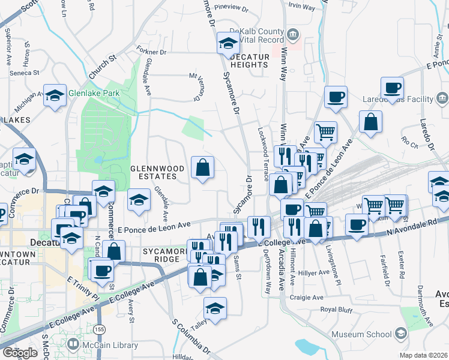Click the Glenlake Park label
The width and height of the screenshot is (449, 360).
[94, 93]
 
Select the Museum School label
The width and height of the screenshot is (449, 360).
[363, 334]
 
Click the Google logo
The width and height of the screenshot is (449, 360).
[20, 353]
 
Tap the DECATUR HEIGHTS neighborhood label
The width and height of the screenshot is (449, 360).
[249, 61]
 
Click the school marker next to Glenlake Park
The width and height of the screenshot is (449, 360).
[55, 95]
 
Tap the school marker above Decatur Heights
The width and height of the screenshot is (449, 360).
[228, 42]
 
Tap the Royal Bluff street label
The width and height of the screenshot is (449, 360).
[337, 309]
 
